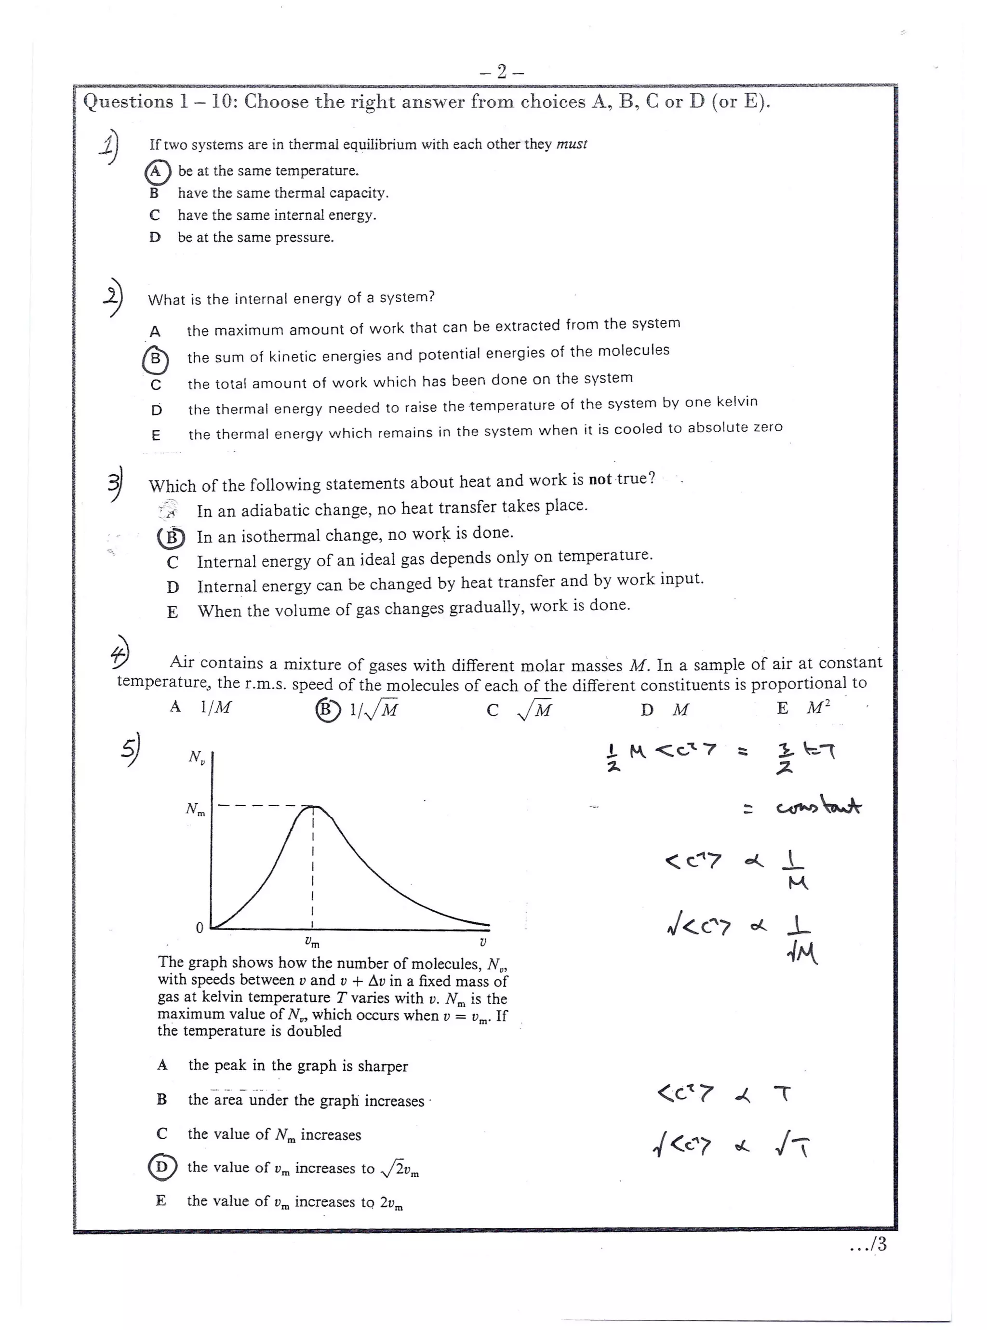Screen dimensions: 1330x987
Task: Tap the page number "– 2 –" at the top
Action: coord(502,72)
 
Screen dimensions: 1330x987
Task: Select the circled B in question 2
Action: coord(155,359)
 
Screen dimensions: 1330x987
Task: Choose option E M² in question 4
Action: coord(803,708)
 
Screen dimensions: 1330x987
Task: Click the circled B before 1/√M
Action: coord(327,709)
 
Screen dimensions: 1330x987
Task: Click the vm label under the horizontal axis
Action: coord(312,943)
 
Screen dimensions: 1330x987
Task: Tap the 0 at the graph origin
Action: coord(200,928)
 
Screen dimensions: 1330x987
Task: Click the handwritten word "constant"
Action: coord(818,808)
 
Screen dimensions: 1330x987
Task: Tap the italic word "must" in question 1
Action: coord(572,144)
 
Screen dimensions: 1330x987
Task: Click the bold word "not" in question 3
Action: coord(600,479)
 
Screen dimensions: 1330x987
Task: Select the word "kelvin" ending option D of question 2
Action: coord(735,402)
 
